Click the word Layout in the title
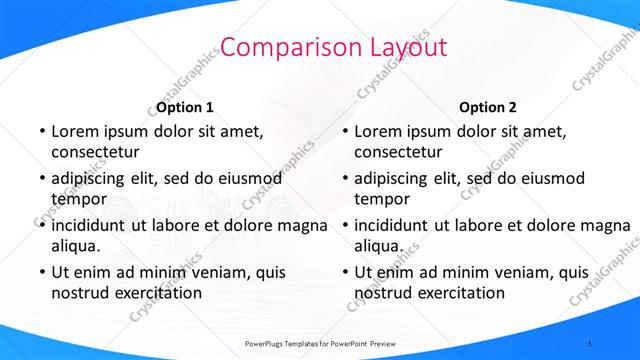click(x=407, y=47)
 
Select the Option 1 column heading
click(x=185, y=107)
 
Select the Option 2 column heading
click(x=488, y=107)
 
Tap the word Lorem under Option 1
click(x=76, y=131)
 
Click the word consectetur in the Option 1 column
click(x=95, y=152)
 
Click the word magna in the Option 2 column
click(x=603, y=225)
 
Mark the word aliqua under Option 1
click(x=76, y=246)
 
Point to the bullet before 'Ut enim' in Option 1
click(x=41, y=272)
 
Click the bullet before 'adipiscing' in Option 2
click(x=344, y=179)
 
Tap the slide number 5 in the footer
click(x=590, y=343)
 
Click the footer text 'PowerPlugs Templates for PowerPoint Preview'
click(x=320, y=343)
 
